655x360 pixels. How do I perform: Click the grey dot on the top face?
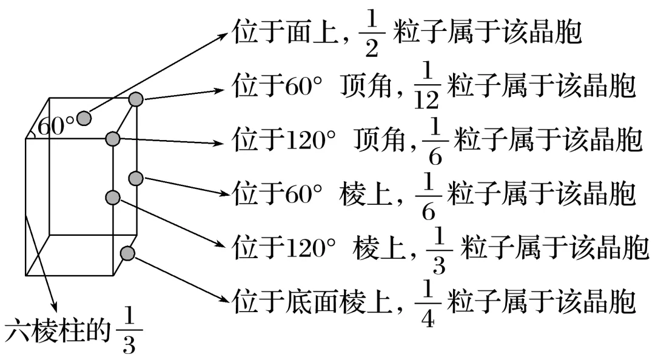84,118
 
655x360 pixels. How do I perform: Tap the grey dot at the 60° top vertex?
136,99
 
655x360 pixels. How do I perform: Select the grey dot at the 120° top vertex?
112,139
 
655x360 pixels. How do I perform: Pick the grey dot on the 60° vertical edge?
136,178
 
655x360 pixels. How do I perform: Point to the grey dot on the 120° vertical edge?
112,197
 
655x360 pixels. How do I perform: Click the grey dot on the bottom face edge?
127,253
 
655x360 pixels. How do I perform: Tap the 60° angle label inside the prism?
56,126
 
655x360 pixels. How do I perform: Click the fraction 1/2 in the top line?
372,35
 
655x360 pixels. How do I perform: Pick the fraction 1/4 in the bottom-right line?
428,303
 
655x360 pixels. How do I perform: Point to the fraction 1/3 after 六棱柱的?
129,331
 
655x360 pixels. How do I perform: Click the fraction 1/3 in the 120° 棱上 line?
438,251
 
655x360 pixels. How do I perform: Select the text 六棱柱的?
58,331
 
